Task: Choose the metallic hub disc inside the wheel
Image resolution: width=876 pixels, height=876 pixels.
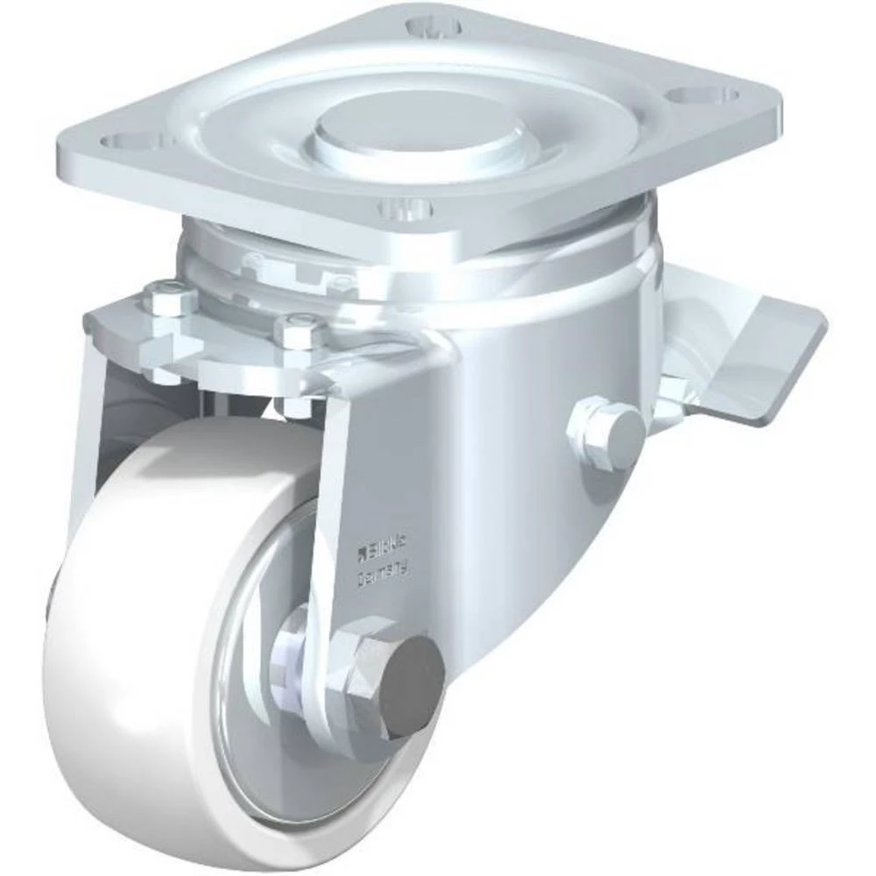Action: (263, 666)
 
